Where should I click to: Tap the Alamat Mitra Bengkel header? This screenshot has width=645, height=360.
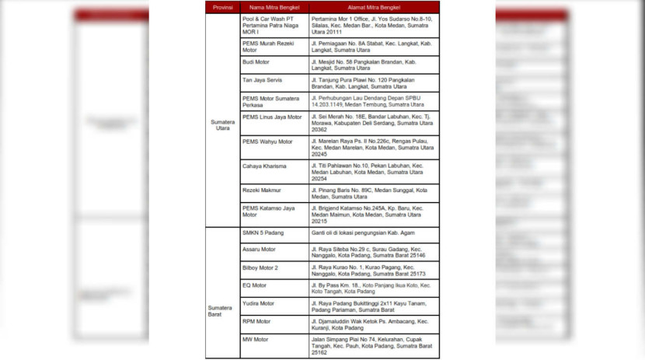[363, 7]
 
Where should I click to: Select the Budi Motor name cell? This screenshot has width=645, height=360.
[256, 60]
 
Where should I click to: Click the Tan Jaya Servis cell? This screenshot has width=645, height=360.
[260, 80]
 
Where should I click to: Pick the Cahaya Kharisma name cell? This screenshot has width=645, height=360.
[264, 166]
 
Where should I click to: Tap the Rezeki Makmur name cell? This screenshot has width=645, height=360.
[262, 190]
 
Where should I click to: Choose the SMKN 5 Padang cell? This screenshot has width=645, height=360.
[261, 232]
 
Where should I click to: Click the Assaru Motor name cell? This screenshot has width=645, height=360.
[259, 250]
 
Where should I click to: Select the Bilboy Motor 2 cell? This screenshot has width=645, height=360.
[260, 267]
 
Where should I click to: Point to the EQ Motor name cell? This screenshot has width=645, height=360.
[254, 285]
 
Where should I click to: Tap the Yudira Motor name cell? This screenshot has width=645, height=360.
[258, 303]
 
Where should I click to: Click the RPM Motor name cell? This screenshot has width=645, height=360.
[256, 321]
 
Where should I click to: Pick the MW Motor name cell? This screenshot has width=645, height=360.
[256, 339]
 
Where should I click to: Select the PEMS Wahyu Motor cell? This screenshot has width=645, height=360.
[267, 142]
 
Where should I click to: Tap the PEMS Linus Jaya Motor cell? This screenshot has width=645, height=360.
[272, 117]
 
